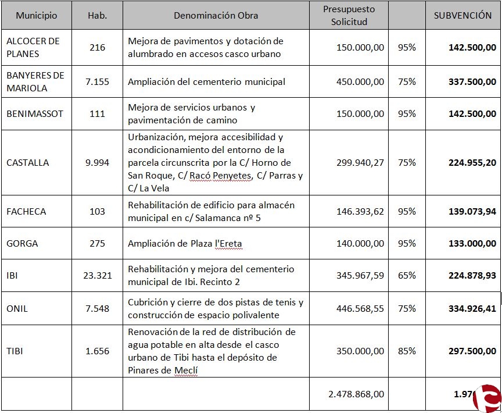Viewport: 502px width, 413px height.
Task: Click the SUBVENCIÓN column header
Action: point(462,16)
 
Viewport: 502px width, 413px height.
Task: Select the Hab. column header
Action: point(97,16)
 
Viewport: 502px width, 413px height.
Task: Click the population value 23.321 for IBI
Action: point(97,276)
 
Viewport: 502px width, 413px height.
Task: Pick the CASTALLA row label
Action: point(27,163)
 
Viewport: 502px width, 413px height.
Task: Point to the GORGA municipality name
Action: point(22,244)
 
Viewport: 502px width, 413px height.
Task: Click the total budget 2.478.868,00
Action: point(356,394)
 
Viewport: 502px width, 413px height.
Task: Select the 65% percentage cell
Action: point(407,276)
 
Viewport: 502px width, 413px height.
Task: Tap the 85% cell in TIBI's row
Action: point(407,351)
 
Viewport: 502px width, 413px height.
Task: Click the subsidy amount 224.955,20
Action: point(472,163)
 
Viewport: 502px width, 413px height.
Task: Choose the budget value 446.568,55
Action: point(360,309)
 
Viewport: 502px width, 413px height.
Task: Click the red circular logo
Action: point(487,398)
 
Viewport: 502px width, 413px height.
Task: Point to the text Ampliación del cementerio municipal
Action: point(207,82)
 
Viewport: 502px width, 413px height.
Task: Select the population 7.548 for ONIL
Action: point(97,309)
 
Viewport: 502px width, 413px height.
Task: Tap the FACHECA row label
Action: point(26,212)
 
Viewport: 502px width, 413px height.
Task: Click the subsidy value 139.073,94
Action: point(472,212)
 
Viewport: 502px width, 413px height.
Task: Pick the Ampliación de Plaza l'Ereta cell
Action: point(185,244)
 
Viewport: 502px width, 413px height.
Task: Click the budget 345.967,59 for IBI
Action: point(360,276)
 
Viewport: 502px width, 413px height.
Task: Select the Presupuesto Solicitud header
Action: point(349,16)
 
